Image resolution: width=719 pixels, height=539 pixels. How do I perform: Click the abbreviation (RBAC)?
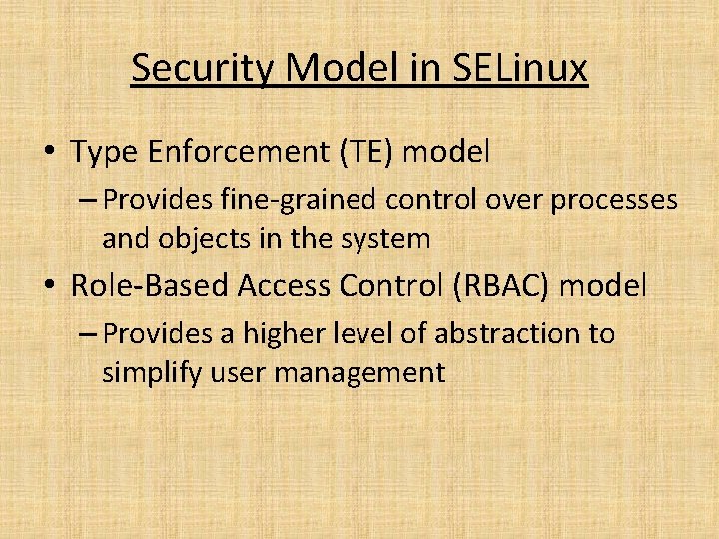click(x=501, y=287)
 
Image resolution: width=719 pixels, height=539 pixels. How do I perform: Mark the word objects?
click(x=200, y=239)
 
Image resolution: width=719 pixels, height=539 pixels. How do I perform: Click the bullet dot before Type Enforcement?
click(x=48, y=153)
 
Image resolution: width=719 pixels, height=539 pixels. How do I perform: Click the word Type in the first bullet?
click(x=105, y=153)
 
